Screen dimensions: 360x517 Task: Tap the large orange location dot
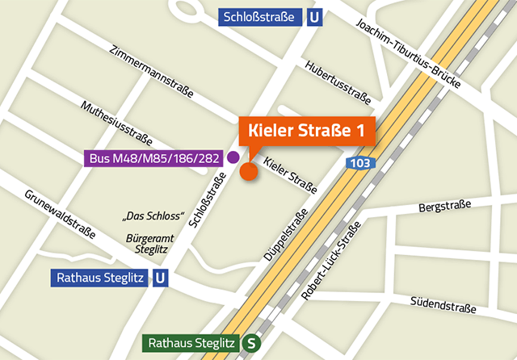[248, 171]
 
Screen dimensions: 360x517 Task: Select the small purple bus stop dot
[233, 157]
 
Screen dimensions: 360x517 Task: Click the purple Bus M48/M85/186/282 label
[153, 158]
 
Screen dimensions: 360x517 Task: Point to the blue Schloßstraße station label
[261, 16]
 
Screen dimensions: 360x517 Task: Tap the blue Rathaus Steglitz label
[99, 279]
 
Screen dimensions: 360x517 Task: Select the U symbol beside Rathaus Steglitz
[162, 279]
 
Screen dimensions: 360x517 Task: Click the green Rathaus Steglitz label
[191, 343]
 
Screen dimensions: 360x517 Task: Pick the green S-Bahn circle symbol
[252, 343]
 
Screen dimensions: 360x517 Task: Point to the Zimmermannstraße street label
[153, 72]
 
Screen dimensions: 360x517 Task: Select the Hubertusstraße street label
[338, 83]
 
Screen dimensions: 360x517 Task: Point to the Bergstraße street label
[444, 208]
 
